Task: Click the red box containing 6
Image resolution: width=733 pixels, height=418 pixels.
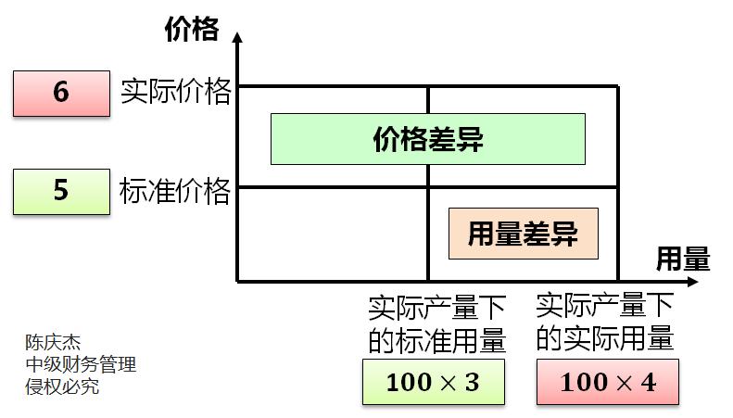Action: click(61, 93)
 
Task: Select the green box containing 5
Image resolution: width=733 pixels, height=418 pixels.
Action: click(61, 191)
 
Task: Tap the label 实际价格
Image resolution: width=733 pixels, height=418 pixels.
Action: click(175, 91)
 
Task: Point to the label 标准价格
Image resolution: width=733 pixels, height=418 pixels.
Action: click(175, 191)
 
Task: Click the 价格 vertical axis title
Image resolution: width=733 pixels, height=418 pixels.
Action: click(191, 30)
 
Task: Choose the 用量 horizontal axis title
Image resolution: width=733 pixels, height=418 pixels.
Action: click(683, 259)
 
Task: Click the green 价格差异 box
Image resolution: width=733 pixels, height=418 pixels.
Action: click(427, 139)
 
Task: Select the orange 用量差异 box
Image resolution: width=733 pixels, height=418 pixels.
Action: click(523, 234)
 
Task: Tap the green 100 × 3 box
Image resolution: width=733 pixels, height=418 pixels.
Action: click(433, 382)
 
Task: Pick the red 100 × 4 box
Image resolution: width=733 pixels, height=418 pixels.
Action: click(607, 382)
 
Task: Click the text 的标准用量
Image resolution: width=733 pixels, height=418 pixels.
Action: click(437, 340)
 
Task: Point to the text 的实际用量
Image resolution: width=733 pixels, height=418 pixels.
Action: click(604, 338)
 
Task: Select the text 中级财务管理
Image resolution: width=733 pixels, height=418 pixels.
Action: click(81, 364)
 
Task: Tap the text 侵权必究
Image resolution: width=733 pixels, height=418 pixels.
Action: click(62, 386)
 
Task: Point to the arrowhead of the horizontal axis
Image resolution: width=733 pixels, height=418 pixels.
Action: click(642, 279)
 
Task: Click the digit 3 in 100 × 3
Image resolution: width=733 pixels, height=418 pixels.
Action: click(472, 382)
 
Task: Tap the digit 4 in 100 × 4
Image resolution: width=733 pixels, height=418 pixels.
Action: click(647, 382)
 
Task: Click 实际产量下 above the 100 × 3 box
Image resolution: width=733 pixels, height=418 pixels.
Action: click(437, 307)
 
